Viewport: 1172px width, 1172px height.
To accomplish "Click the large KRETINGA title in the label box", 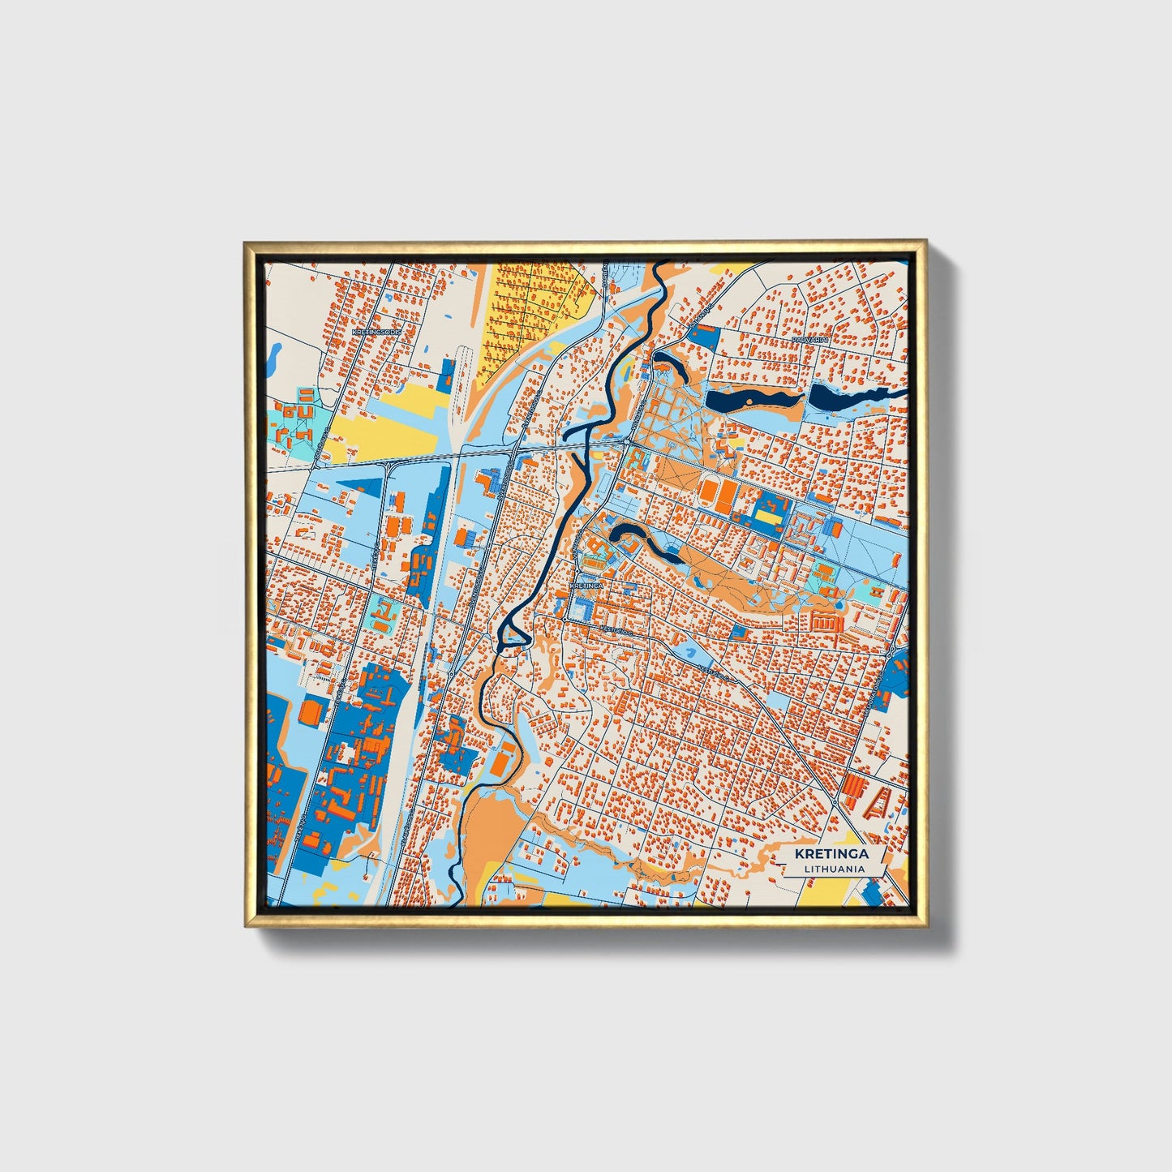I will tap(831, 854).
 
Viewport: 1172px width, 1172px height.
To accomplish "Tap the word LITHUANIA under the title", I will tap(834, 869).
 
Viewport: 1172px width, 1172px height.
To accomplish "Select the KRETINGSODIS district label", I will tap(377, 331).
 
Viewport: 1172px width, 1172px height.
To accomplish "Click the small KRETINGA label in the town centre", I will tap(586, 584).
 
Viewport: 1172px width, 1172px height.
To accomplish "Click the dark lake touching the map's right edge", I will tap(852, 397).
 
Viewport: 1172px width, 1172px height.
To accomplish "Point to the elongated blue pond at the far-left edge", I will tap(274, 354).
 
